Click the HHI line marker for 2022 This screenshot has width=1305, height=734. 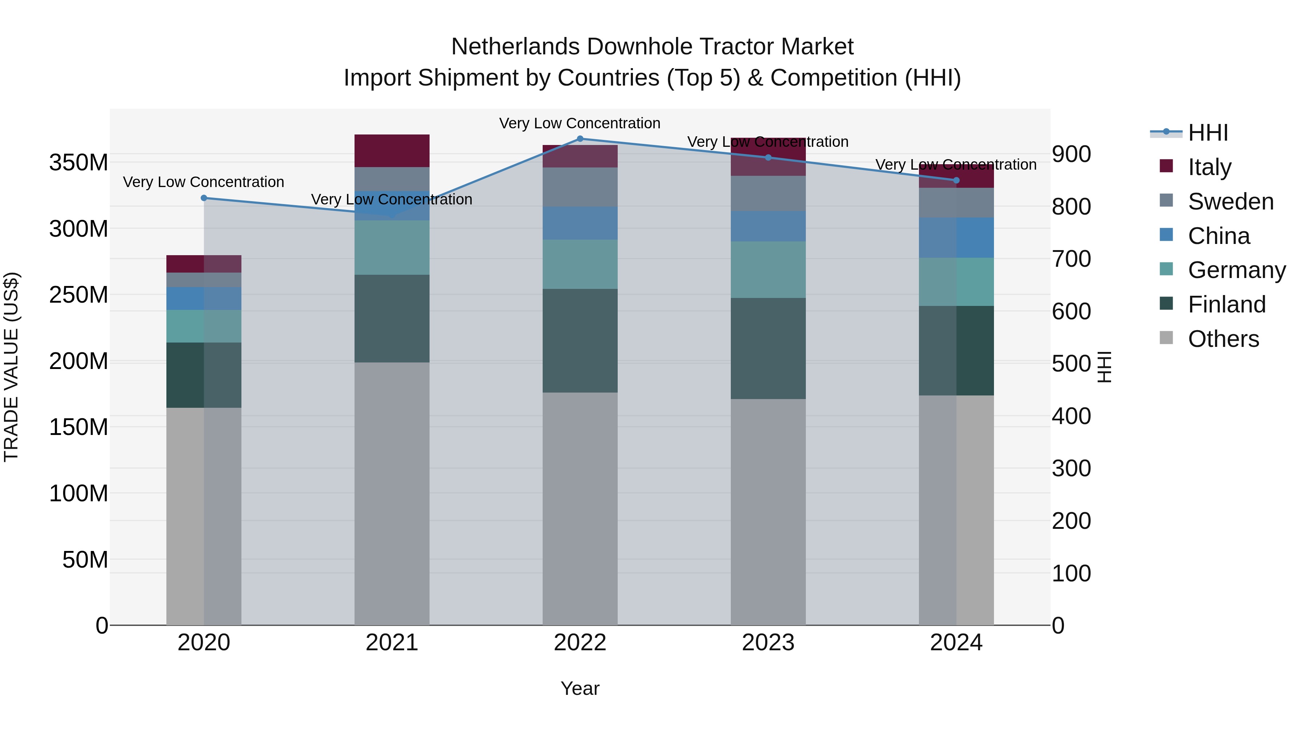(580, 139)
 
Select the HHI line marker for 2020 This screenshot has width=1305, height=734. (204, 198)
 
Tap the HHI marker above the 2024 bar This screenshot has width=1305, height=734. (956, 181)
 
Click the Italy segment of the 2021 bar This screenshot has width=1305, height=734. (391, 150)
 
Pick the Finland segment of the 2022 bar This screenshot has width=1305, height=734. (580, 340)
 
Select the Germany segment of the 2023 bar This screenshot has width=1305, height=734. (768, 269)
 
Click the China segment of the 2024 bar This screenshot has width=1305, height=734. (956, 237)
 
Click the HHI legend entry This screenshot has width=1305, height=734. (1208, 133)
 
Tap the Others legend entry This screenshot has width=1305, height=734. (1223, 339)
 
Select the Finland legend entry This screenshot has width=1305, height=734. (1226, 304)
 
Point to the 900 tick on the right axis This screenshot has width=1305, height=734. (1071, 154)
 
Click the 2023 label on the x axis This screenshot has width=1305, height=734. (768, 643)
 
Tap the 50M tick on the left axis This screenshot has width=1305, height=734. (84, 560)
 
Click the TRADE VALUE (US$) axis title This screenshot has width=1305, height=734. (11, 367)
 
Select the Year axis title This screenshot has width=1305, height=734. (580, 688)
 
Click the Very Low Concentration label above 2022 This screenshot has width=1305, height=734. (580, 123)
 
